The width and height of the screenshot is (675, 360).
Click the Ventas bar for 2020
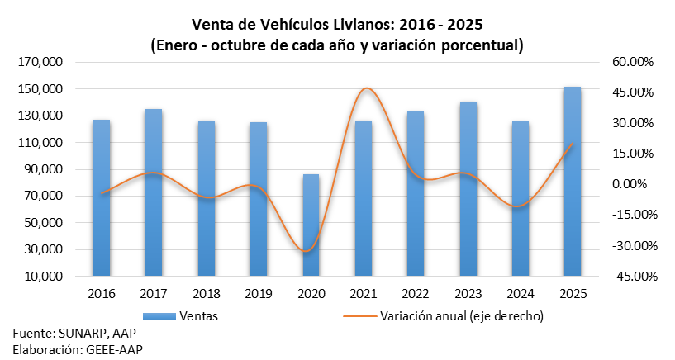point(311,225)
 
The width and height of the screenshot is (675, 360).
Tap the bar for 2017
point(154,192)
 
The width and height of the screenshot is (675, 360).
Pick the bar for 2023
point(468,189)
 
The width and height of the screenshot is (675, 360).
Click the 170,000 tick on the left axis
point(41,62)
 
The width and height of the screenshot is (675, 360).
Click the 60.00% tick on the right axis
point(633,62)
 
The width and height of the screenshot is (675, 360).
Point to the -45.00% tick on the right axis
point(631,277)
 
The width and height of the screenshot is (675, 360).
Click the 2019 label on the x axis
point(258,293)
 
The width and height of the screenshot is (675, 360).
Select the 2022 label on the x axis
point(416,293)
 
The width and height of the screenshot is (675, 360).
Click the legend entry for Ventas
point(199,315)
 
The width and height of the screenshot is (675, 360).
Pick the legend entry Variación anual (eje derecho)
point(460,315)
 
